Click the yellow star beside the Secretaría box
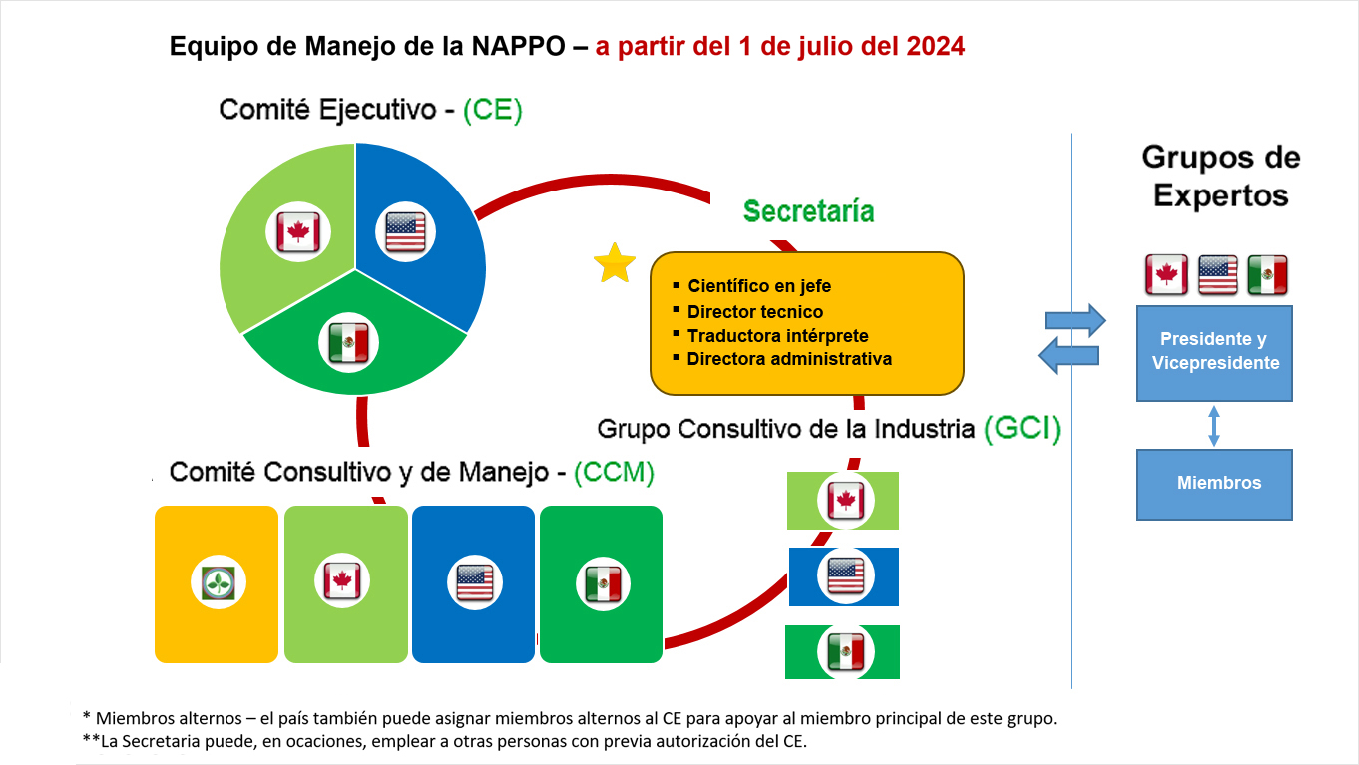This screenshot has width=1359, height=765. coord(615,264)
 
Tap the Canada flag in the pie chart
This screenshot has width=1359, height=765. coord(298,231)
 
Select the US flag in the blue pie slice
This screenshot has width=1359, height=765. coord(405,231)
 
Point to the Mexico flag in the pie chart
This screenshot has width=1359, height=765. coord(348,343)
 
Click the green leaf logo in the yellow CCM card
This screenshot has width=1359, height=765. coord(219,583)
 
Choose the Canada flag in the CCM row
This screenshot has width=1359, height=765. coord(342,580)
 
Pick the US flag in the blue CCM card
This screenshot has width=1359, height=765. coord(474,582)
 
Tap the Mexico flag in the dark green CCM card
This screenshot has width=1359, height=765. coord(603,584)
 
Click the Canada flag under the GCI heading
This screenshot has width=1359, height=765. coord(846,501)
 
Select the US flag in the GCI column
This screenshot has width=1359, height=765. coord(846,575)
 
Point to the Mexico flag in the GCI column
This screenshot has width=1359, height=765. coord(846,652)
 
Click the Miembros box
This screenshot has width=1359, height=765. coord(1214,484)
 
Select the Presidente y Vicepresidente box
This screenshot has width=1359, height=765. coord(1214,353)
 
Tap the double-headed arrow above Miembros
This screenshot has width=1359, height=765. coord(1214,426)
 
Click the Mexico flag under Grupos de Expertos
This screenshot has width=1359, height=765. coord(1267,275)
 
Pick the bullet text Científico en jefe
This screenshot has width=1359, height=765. coord(759,285)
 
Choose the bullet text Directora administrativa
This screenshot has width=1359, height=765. coord(789,358)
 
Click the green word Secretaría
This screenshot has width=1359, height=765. coord(809,211)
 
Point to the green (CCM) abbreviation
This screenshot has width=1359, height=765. coord(614,472)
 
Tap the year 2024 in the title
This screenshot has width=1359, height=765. coord(936,46)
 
